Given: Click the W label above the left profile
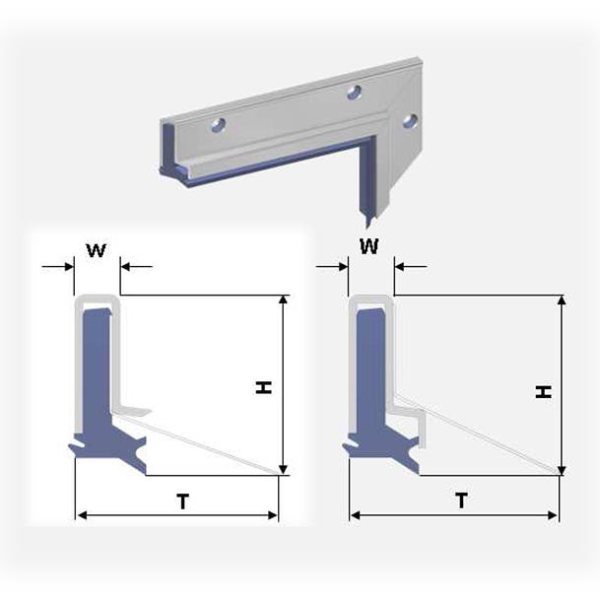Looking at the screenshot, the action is pyautogui.click(x=96, y=250).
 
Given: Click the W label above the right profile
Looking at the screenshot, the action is pyautogui.click(x=369, y=246).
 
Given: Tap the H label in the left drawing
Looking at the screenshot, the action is pyautogui.click(x=264, y=387).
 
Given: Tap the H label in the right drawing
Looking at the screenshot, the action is pyautogui.click(x=544, y=391).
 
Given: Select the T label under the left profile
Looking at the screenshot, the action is pyautogui.click(x=183, y=501).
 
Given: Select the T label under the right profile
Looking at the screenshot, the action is pyautogui.click(x=461, y=500).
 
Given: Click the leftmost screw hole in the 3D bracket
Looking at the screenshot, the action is pyautogui.click(x=219, y=125).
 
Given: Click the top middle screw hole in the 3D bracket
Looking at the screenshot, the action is pyautogui.click(x=355, y=93).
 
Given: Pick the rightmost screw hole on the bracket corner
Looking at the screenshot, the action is pyautogui.click(x=410, y=120).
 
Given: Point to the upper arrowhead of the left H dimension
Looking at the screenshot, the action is pyautogui.click(x=283, y=300).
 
